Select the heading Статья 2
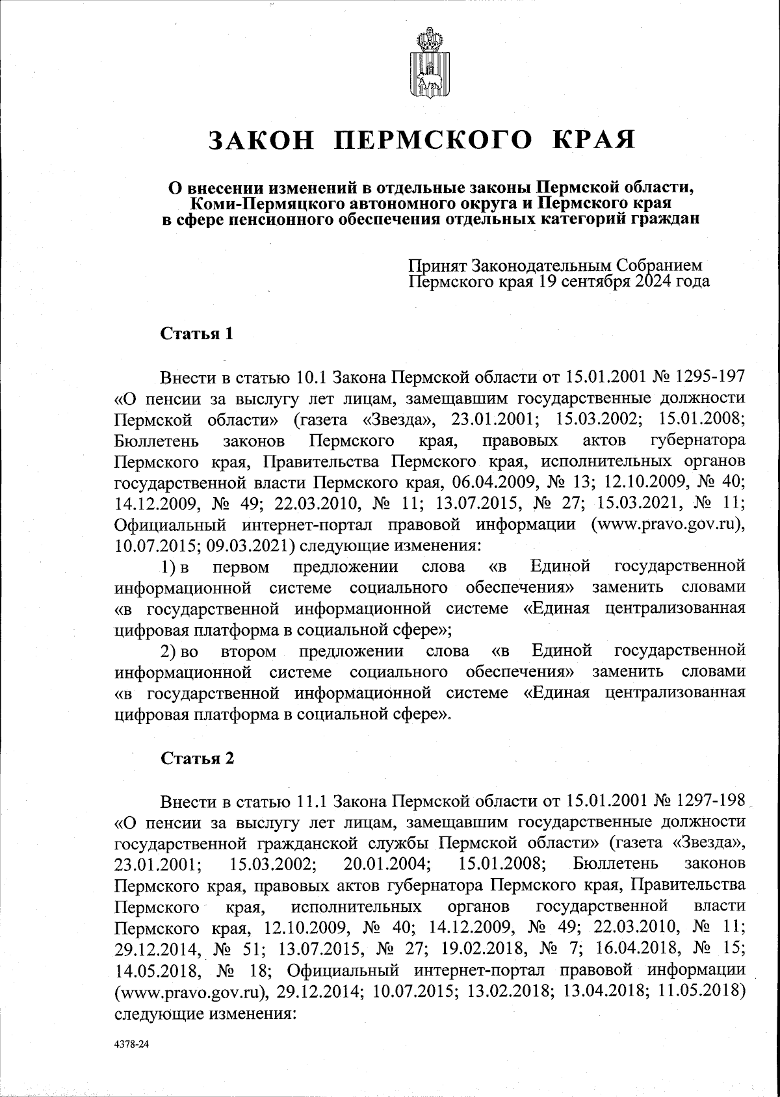tap(196, 758)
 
